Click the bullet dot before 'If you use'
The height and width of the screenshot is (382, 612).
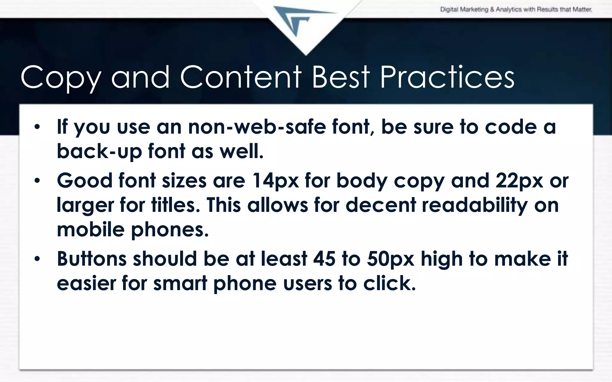click(x=37, y=127)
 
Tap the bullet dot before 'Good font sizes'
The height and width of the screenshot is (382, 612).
click(x=37, y=181)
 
